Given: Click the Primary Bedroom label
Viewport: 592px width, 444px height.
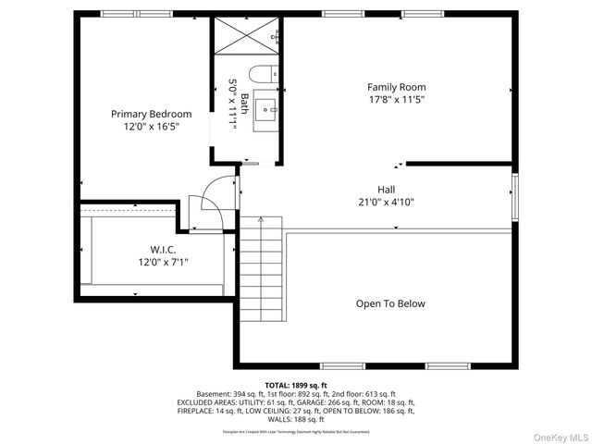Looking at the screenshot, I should [152, 114].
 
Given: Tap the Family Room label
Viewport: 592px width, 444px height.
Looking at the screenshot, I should [396, 87].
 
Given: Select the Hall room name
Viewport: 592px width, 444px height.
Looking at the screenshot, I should [387, 189].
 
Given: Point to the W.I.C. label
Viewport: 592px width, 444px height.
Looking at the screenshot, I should [151, 250].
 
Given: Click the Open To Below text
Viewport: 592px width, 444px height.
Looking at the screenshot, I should [390, 303].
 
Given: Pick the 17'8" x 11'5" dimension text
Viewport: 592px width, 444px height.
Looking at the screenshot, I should [396, 100].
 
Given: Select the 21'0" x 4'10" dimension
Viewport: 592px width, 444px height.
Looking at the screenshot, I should [387, 202].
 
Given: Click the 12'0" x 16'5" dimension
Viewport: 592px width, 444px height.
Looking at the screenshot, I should [152, 127].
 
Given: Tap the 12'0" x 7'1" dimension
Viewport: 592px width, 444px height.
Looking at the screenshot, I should [151, 262].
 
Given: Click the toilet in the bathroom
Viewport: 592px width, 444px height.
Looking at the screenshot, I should [265, 73].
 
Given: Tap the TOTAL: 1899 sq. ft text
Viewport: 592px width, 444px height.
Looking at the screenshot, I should [296, 385].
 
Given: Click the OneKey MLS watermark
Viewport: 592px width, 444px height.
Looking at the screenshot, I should [559, 436].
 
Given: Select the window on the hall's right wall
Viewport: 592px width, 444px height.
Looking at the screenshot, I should [514, 196].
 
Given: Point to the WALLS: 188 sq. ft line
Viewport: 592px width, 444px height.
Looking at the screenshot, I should [296, 419].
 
